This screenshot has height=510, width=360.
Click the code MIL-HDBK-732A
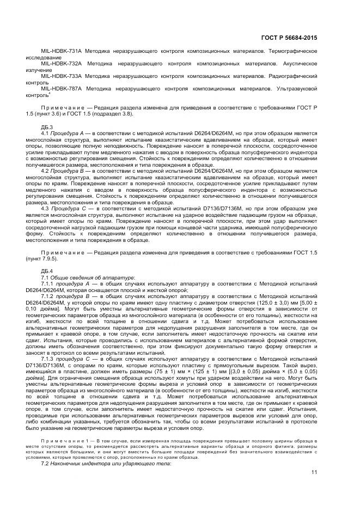pos(60,63)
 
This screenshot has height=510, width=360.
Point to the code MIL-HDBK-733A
pos(60,76)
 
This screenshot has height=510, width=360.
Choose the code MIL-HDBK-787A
pos(60,88)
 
